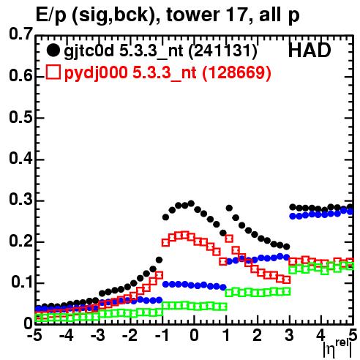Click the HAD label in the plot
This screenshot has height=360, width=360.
pos(310,50)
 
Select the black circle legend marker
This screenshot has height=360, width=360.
pos(53,50)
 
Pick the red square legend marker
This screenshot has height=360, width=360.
pos(53,72)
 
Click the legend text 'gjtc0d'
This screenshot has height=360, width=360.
pos(89,52)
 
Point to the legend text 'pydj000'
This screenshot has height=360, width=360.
pos(96,73)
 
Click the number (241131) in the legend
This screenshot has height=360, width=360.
pos(222,51)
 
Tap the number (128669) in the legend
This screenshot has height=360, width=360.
pos(237,72)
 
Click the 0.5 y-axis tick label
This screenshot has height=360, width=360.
pos(20,117)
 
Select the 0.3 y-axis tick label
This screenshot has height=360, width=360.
pos(20,200)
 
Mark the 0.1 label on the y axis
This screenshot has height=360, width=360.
pos(22,282)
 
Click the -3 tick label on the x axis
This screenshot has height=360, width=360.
pos(98,336)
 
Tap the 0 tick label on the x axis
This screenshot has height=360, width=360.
pos(194,336)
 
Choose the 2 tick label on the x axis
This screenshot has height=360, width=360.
pos(257,336)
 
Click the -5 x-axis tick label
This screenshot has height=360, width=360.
pos(34,336)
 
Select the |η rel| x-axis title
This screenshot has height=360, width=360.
pos(338,348)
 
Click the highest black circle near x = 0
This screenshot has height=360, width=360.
pos(191,203)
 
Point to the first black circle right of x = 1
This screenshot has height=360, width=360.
pos(229,208)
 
